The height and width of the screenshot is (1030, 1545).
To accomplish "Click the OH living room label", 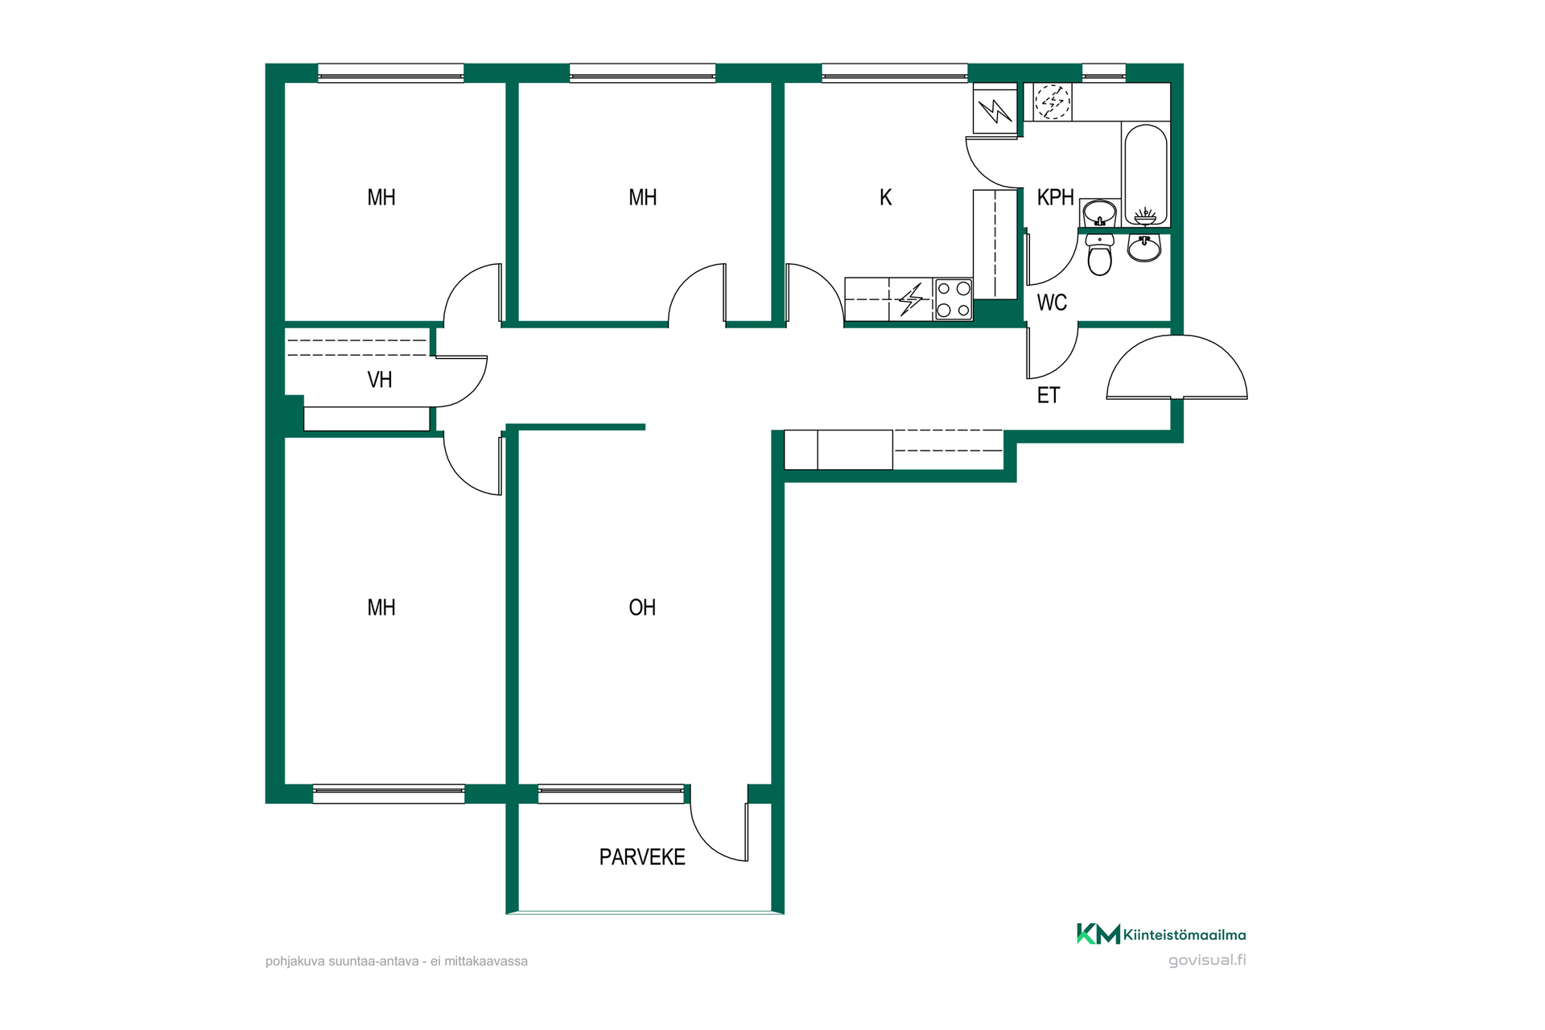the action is (x=642, y=608).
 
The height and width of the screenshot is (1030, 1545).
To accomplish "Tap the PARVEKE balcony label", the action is (x=642, y=857).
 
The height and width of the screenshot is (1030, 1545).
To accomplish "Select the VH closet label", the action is (x=380, y=380).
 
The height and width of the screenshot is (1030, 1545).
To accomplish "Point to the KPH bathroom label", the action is (x=1055, y=197).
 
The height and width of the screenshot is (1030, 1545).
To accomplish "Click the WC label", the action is (x=1052, y=303).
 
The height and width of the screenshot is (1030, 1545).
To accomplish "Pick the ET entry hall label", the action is (x=1049, y=395).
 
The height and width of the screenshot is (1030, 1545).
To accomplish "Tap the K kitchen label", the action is (x=886, y=197).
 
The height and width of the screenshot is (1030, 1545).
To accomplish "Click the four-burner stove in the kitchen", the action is (x=954, y=299).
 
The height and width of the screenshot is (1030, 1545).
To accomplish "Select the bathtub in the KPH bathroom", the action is (x=1145, y=174).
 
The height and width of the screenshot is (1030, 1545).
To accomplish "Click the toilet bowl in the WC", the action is (x=1099, y=255).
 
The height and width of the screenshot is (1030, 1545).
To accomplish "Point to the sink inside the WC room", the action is (x=1143, y=248).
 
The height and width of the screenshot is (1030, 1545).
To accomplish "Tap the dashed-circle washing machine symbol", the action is (x=1052, y=102).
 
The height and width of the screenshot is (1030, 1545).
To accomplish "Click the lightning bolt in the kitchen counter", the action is (x=911, y=299).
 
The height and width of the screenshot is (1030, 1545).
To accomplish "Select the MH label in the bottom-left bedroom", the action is (x=381, y=608).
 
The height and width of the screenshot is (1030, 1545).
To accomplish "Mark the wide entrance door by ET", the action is (x=1176, y=366).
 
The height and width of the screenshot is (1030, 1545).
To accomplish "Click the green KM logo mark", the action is (x=1098, y=933).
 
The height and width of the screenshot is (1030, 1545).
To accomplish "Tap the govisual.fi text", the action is (x=1207, y=960).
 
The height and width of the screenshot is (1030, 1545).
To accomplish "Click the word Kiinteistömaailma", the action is (x=1184, y=935).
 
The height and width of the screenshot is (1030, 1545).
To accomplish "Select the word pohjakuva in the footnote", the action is (x=295, y=961).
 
